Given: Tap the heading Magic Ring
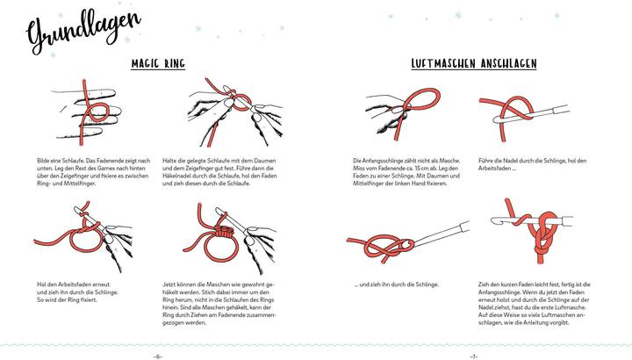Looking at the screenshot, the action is (158, 64).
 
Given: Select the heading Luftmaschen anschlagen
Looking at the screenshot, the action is (474, 64).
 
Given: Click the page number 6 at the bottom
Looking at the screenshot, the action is (158, 356).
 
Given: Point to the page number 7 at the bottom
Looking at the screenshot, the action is (474, 356).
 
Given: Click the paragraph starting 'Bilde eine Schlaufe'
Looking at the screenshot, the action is (94, 172).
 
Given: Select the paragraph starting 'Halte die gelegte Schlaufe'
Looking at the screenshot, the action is (219, 172).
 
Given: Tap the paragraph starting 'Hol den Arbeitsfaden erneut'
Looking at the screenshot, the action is (78, 292).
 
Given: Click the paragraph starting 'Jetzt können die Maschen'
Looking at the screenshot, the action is (219, 303).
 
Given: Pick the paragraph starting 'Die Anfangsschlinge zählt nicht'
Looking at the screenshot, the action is (406, 172).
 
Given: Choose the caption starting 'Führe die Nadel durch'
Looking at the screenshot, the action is (533, 164).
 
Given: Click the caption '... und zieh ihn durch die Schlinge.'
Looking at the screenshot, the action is (396, 284).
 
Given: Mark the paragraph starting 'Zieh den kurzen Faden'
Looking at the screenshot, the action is (535, 303).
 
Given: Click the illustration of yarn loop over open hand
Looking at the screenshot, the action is (87, 112).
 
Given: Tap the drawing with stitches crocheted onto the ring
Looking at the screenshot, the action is (230, 238).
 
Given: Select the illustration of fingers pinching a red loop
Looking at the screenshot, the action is (403, 113).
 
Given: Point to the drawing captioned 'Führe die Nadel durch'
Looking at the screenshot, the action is (525, 118).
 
